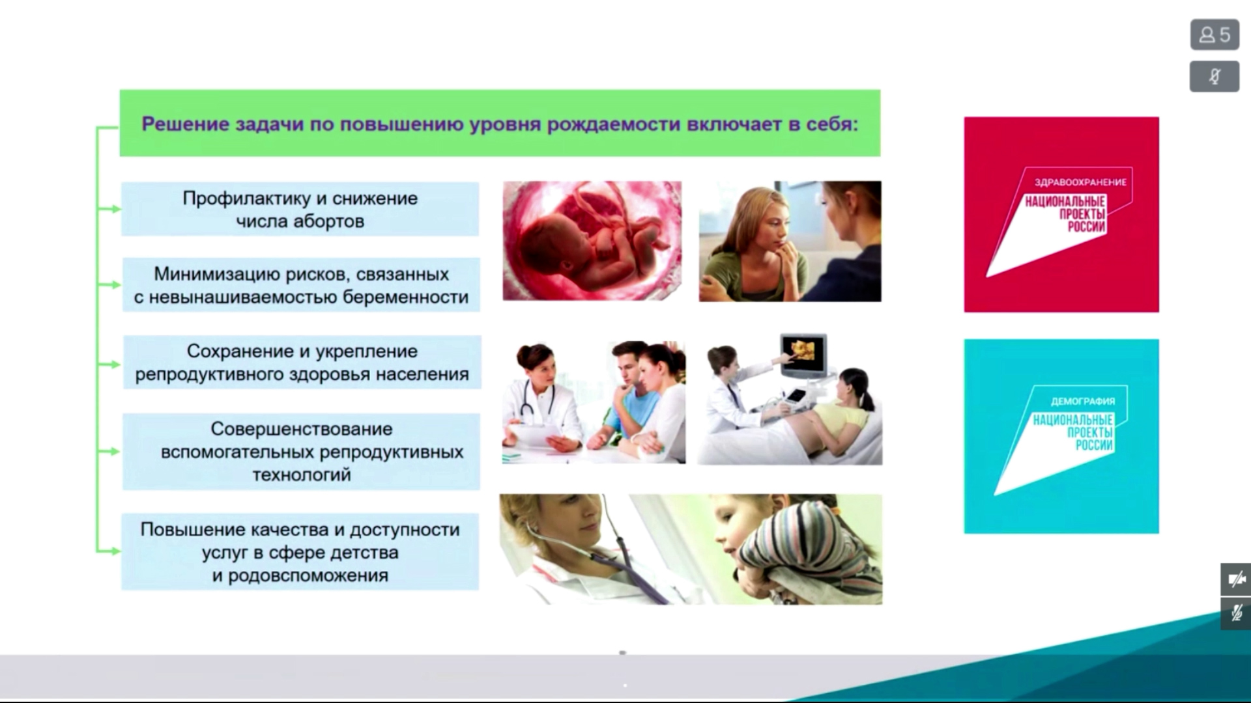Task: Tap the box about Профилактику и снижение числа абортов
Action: [300, 209]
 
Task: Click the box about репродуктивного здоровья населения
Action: [302, 362]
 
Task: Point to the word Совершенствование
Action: [302, 429]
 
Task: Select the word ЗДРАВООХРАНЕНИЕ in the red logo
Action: [1080, 182]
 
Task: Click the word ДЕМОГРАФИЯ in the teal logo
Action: [1082, 401]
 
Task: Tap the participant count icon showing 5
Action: [1215, 34]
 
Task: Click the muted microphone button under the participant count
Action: [1215, 77]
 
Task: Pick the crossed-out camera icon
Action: [1236, 579]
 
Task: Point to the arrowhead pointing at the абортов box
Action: [116, 209]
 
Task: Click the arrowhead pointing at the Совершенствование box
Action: [116, 451]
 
